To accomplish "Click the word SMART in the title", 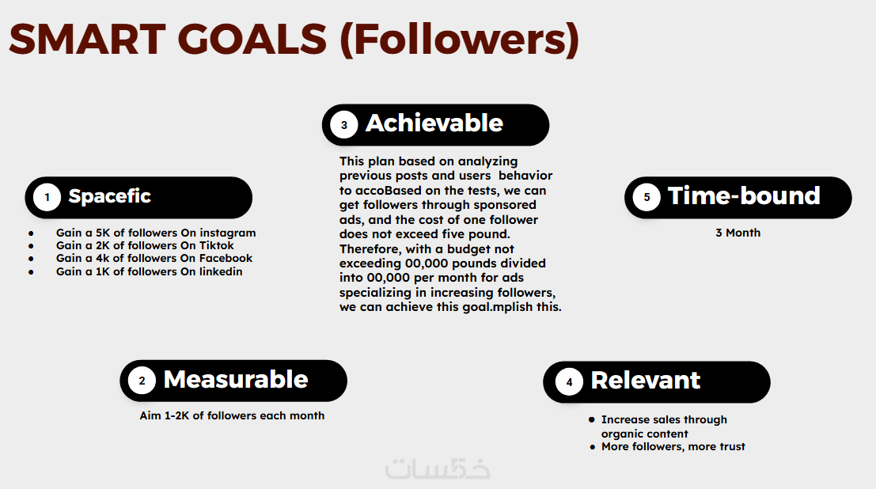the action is pos(87,39).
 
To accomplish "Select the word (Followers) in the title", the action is pos(459,40).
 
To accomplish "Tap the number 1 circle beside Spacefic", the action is pos(47,197).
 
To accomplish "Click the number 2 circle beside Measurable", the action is pos(142,381).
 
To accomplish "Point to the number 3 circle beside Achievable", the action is pos(344,125).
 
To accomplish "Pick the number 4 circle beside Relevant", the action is pos(569,382).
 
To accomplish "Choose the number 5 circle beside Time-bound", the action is pos(647,197).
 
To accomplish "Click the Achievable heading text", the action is pos(434,123).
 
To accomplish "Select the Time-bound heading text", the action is pos(744,196).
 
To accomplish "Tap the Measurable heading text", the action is pos(236,380).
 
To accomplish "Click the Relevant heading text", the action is pos(645,381).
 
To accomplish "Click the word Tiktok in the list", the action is pos(217,245).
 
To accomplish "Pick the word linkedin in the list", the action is pos(222,271).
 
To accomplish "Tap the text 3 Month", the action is pos(738,233).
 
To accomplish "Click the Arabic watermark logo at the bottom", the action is pos(438,468).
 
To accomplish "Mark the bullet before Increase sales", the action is pos(592,419).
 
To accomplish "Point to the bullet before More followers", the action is pos(592,447).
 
